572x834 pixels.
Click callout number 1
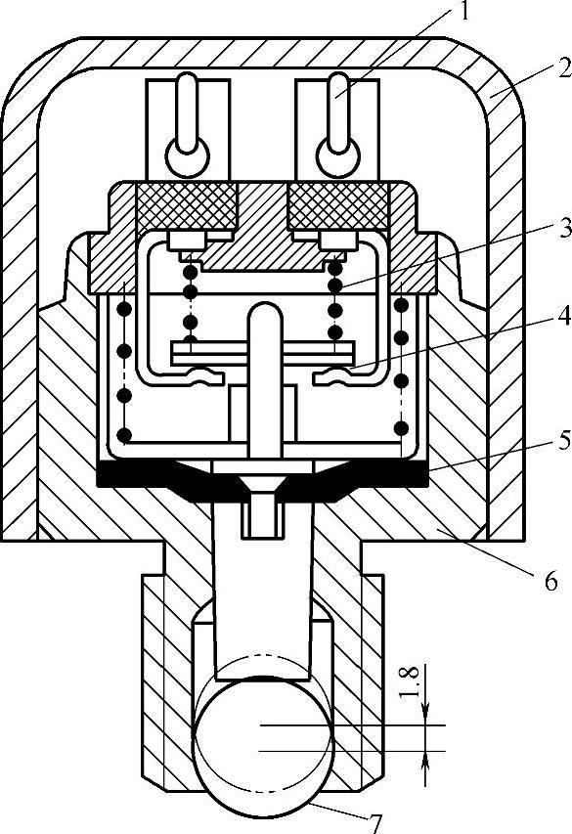pyautogui.click(x=464, y=11)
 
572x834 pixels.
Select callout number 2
pyautogui.click(x=564, y=69)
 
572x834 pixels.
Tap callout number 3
pyautogui.click(x=564, y=228)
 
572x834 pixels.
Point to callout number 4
pyautogui.click(x=564, y=316)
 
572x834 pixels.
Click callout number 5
pyautogui.click(x=564, y=441)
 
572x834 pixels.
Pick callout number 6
pyautogui.click(x=550, y=582)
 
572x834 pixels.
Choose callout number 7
pyautogui.click(x=375, y=824)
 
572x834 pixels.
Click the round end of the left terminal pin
pyautogui.click(x=188, y=156)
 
